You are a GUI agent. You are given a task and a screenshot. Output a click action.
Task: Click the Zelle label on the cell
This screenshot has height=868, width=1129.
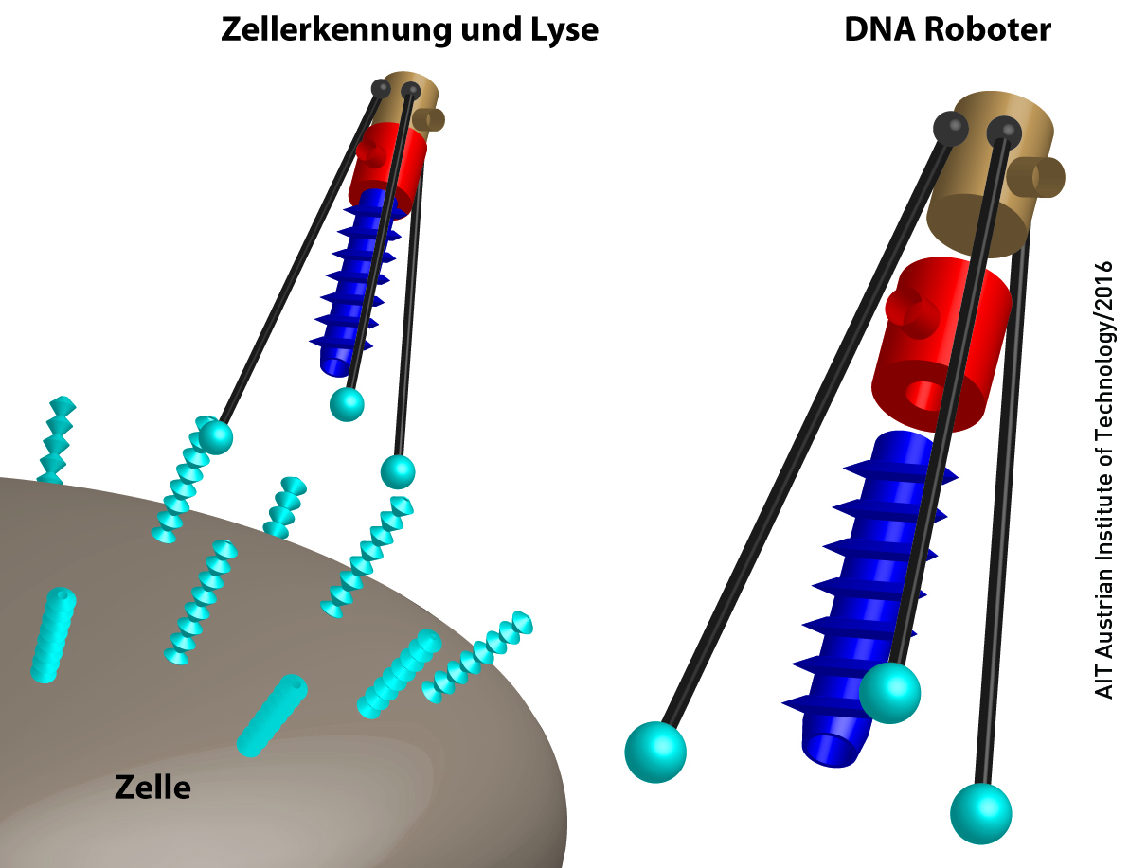coord(152,786)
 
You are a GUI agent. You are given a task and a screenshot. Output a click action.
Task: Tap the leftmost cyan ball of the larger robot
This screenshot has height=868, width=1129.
coord(654,752)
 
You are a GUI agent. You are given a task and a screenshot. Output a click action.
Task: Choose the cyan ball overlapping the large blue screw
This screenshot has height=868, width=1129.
coord(889,693)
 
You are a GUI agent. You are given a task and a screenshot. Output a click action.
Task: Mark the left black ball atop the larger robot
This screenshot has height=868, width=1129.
coord(950,128)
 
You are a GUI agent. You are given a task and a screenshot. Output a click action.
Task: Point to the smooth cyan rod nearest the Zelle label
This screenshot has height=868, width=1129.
coord(272,715)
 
